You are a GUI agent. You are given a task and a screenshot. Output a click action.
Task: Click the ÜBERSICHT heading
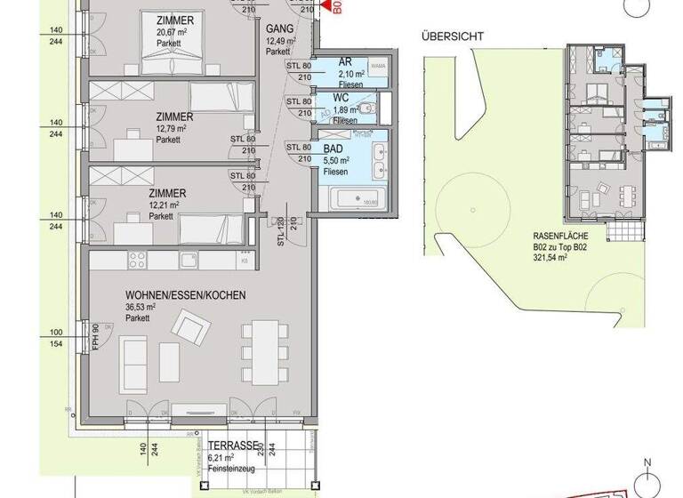click(x=453, y=36)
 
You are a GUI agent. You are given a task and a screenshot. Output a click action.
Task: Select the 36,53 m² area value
click(x=141, y=307)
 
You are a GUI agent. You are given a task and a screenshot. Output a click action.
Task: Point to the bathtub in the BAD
click(x=357, y=199)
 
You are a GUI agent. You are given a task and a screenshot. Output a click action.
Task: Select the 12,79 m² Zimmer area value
click(x=172, y=128)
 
